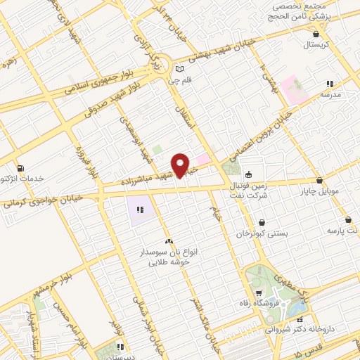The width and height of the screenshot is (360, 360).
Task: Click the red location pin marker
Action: pyautogui.click(x=181, y=165)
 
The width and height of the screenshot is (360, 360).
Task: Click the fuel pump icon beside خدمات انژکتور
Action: pyautogui.click(x=19, y=168)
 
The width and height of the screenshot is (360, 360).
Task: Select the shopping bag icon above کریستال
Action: pyautogui.click(x=316, y=34)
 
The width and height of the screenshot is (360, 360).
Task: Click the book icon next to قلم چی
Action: pyautogui.click(x=179, y=69)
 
